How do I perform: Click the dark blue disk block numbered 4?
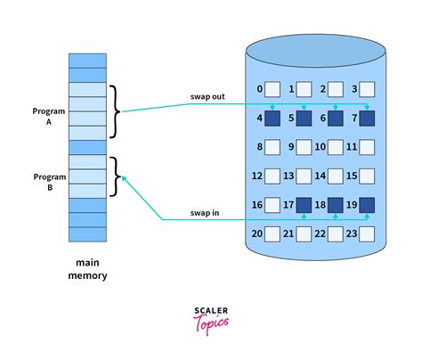[x=272, y=118]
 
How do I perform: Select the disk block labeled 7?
[x=366, y=118]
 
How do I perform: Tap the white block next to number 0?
[x=272, y=88]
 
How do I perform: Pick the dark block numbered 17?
[x=304, y=205]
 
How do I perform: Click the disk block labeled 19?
[x=366, y=205]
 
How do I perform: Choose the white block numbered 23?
[x=366, y=233]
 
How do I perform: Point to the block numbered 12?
[x=272, y=176]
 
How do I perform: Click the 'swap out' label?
[x=207, y=96]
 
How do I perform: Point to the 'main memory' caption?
[x=87, y=269]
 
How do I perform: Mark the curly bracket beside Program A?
[x=114, y=111]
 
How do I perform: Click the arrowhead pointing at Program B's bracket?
[x=123, y=178]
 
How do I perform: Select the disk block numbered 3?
[x=366, y=88]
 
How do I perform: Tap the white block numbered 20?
[x=272, y=233]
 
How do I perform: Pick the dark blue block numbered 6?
[x=335, y=118]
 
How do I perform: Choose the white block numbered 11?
[x=366, y=146]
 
